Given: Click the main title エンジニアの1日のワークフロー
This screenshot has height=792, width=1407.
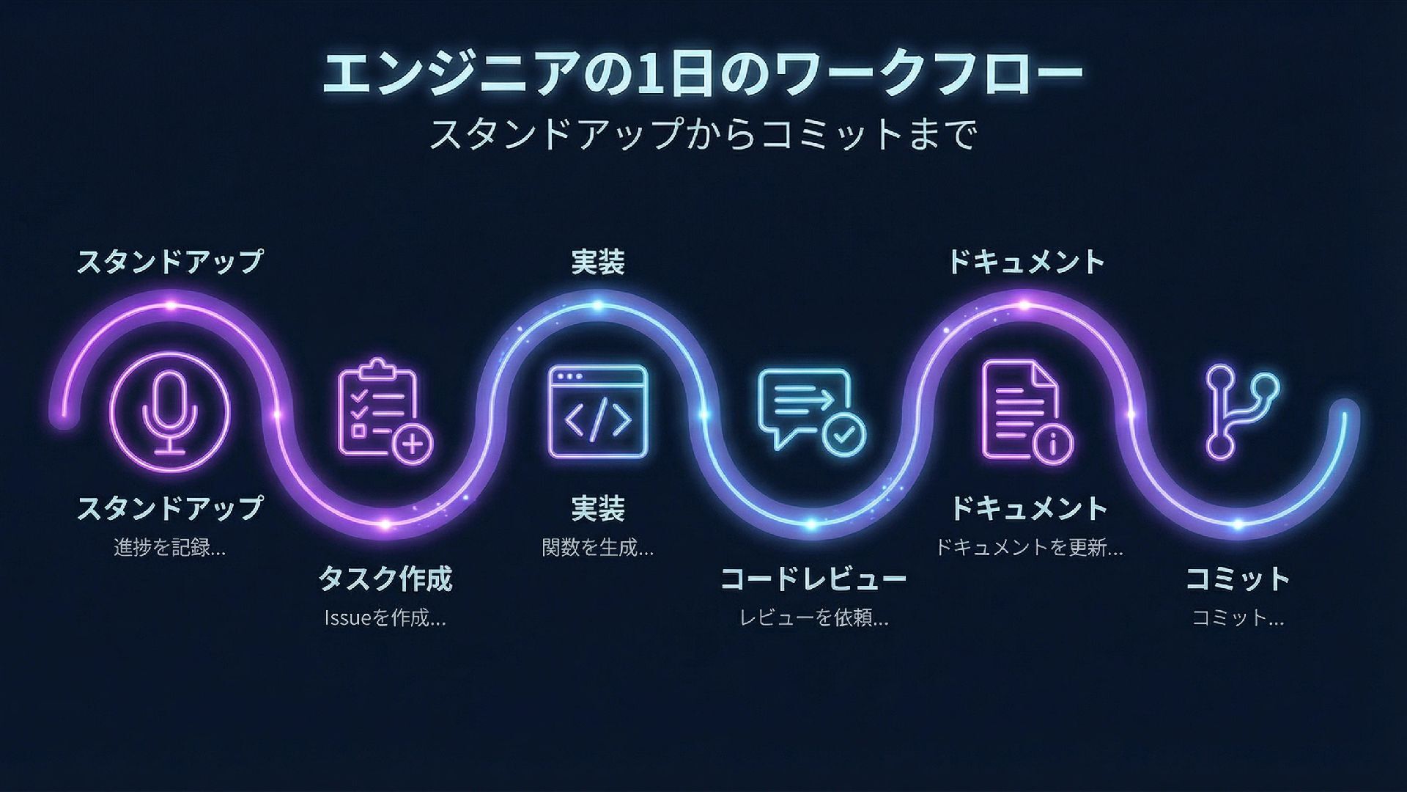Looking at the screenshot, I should coord(702,75).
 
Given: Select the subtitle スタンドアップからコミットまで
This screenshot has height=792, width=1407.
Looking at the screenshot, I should coord(702,133).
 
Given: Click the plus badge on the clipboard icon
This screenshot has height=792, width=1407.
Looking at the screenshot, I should coord(413,444).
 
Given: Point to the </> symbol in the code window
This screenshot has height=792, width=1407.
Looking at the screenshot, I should coord(598,419).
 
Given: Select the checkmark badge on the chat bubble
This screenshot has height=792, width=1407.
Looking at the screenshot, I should coord(843,433).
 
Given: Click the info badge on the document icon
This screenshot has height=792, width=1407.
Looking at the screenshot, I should coord(1053,443).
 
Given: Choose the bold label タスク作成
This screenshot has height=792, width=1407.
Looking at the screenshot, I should coord(385,579).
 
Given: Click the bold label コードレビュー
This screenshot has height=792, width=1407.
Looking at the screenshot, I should coord(813,579).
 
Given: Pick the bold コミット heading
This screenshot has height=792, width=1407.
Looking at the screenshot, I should coord(1238,579).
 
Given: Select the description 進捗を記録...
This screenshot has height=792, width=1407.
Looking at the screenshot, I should coord(170,547).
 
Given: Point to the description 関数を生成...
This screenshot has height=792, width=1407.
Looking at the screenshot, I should coord(598,547).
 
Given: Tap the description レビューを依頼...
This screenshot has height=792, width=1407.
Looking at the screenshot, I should coord(813,618).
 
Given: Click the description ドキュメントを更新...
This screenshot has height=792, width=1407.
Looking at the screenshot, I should coord(1029,547).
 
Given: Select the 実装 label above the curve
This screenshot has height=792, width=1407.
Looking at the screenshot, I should coord(598,263).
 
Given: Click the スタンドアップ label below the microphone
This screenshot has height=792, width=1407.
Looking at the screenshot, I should coord(170,508).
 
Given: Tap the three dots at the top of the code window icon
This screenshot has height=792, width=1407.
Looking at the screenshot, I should coord(570,376).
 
